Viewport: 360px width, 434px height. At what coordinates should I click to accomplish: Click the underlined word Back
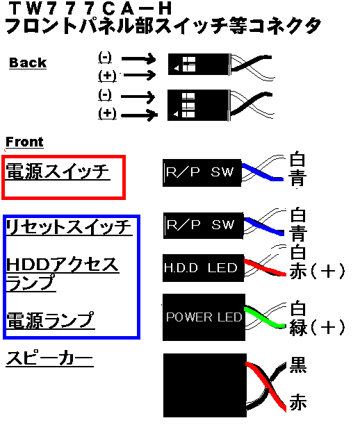(x=28, y=62)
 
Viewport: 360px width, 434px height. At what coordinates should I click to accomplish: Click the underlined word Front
(x=24, y=142)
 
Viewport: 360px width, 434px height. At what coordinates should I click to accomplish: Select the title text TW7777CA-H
(x=90, y=8)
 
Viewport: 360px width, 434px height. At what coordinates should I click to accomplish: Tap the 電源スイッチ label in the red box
(x=58, y=172)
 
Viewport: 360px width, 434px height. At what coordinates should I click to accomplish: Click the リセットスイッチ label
(x=69, y=227)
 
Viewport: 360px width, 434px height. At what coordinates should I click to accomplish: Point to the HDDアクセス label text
(x=63, y=265)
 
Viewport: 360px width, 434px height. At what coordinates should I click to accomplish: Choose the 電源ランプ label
(x=51, y=321)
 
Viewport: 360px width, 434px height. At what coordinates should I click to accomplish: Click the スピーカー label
(x=49, y=358)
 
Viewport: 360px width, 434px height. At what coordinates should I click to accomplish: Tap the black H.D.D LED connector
(x=203, y=268)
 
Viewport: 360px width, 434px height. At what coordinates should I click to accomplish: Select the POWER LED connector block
(x=204, y=317)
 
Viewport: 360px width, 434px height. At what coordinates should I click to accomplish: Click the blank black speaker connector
(x=205, y=385)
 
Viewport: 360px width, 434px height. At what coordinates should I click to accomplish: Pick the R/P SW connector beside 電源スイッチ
(x=202, y=173)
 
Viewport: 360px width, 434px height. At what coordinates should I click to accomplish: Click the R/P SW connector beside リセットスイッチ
(x=203, y=225)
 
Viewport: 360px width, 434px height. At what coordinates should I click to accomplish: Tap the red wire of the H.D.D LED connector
(x=265, y=267)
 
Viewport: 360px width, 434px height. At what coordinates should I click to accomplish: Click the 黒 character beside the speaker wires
(x=298, y=365)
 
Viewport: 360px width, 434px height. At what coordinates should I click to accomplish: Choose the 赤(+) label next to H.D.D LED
(x=318, y=271)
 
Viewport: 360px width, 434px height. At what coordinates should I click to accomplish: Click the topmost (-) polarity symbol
(x=105, y=58)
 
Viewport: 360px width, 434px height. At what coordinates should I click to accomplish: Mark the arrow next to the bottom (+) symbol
(x=139, y=115)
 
